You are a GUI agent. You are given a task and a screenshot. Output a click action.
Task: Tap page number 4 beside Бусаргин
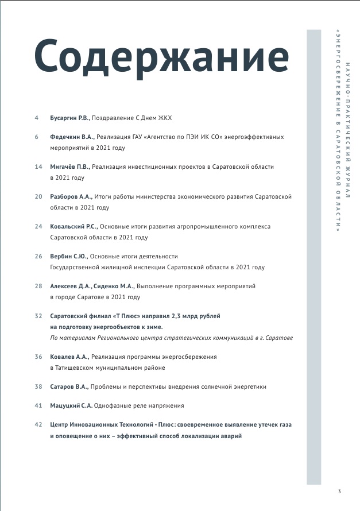(x=37, y=118)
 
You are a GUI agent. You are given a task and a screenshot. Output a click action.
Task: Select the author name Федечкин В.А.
(x=72, y=137)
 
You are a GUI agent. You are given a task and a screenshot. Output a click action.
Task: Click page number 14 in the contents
(x=38, y=167)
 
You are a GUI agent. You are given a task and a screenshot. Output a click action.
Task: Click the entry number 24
(x=38, y=227)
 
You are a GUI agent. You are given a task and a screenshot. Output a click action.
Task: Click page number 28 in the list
(x=38, y=286)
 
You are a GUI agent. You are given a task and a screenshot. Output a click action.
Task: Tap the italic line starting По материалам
(x=172, y=338)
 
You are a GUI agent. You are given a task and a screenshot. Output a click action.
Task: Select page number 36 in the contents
(x=38, y=357)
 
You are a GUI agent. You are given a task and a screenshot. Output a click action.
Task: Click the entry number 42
(x=38, y=425)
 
